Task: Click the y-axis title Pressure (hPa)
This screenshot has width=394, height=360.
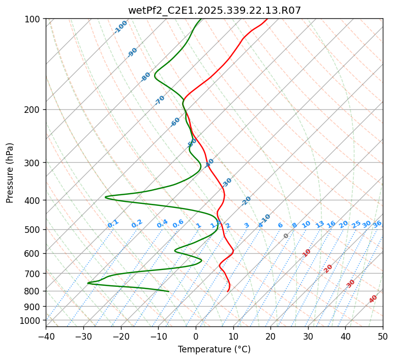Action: coord(10,172)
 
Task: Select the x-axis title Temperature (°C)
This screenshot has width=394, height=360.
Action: coord(214,349)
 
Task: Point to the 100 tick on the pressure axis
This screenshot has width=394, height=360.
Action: coord(33,19)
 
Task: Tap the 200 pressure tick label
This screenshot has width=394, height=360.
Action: coord(33,110)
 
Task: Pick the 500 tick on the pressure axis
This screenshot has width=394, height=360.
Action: coord(33,229)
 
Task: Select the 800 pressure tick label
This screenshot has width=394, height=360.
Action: coord(33,291)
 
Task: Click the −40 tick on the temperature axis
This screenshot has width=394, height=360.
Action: coord(46,336)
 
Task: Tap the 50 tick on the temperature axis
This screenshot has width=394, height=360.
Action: coord(383,336)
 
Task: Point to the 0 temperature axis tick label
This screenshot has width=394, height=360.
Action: coord(196,336)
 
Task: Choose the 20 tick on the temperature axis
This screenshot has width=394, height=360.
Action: coord(270,336)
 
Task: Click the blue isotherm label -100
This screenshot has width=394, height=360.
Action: coord(121,26)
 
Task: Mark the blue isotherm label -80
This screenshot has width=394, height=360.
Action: coord(146,77)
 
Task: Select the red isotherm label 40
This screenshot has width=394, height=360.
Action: coord(373,299)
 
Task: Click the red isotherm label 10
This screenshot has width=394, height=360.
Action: coord(307,253)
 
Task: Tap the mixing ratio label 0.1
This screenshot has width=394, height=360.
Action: coord(113,224)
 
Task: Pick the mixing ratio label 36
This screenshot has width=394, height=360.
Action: coord(377,224)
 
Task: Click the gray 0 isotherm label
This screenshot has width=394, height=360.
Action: coord(286,236)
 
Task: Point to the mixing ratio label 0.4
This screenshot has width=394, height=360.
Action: coord(162,224)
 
